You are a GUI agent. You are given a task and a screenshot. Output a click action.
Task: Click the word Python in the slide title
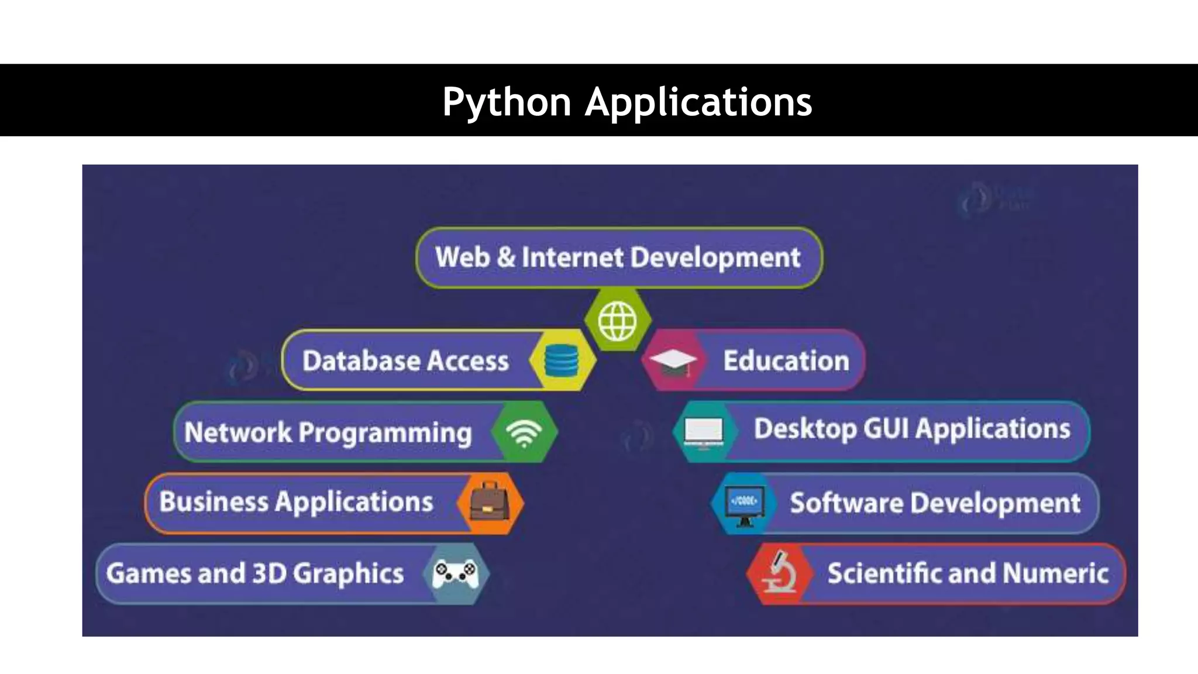507,102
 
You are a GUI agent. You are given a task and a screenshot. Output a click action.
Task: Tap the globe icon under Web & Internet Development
617,321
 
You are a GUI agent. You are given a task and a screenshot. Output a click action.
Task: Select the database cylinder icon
561,360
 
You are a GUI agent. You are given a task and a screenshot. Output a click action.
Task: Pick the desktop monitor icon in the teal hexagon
704,433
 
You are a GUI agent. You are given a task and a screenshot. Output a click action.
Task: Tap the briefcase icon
490,503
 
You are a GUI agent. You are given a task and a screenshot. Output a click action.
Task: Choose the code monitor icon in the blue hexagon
744,504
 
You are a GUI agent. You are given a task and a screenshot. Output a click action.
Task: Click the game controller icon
456,573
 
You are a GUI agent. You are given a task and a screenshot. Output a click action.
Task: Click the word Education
786,360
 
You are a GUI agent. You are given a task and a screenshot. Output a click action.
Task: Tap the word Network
237,432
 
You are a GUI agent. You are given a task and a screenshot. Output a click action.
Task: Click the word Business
214,501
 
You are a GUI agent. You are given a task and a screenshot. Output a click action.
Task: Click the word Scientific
884,573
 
